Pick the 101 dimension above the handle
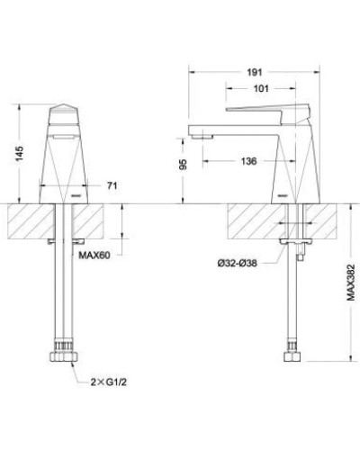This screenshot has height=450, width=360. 264,88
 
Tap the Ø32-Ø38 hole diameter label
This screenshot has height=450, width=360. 243,262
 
